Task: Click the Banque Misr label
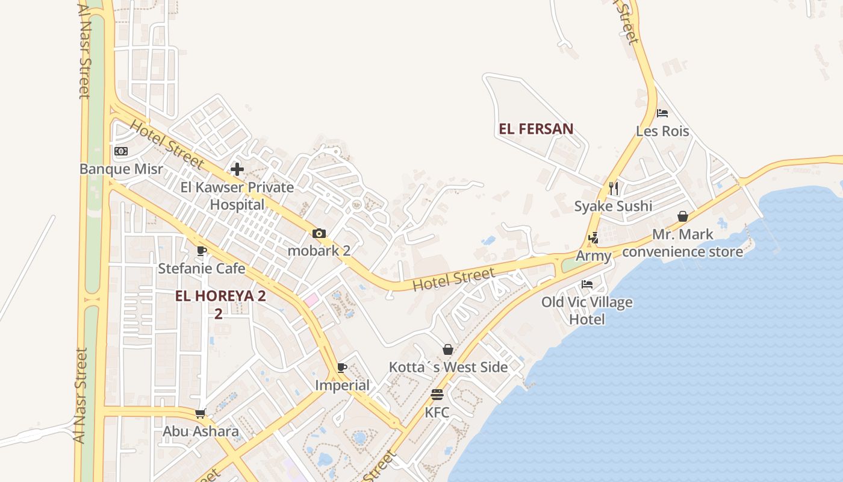[x=121, y=169]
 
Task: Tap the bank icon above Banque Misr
[x=121, y=151]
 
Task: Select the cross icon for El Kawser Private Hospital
[x=237, y=169]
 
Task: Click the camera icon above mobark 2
[x=319, y=233]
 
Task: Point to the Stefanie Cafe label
[x=201, y=268]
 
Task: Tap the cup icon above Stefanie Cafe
[x=201, y=251]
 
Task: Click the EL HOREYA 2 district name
[x=220, y=296]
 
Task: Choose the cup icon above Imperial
[x=342, y=368]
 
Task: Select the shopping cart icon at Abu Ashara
[x=201, y=413]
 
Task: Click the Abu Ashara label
[x=201, y=431]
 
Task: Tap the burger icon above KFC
[x=437, y=395]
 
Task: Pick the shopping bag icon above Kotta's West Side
[x=448, y=349]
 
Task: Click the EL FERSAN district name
[x=536, y=129]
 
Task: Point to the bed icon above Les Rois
[x=662, y=113]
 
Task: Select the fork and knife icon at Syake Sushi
[x=614, y=189]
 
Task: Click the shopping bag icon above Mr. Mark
[x=683, y=216]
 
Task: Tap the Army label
[x=593, y=255]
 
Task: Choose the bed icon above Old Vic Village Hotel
[x=587, y=284]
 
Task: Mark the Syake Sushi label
[x=613, y=206]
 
